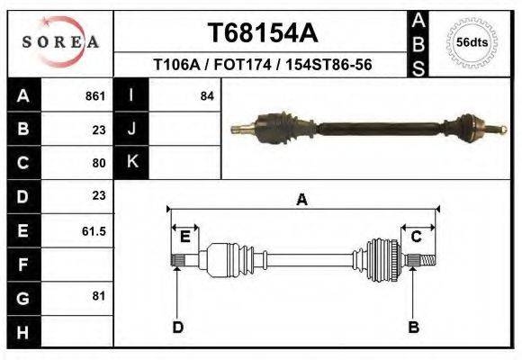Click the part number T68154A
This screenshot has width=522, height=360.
(x=263, y=33)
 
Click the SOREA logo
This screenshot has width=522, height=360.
(x=59, y=42)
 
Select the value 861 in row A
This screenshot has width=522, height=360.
(x=95, y=95)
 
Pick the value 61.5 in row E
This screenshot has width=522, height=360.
(x=94, y=231)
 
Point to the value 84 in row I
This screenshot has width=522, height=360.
(x=207, y=95)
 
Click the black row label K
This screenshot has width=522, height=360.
(x=131, y=162)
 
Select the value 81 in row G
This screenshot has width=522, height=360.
(x=98, y=296)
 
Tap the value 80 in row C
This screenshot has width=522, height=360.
(x=99, y=164)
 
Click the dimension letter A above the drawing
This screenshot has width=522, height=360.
(x=301, y=200)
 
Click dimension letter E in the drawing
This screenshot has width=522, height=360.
(x=184, y=238)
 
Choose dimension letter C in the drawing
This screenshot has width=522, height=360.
(x=417, y=237)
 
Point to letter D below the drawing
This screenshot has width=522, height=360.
(x=177, y=327)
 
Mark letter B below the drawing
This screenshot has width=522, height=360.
(x=414, y=327)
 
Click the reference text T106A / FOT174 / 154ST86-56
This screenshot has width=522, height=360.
(x=263, y=66)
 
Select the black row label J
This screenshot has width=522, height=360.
(x=131, y=129)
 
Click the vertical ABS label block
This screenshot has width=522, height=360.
(x=418, y=42)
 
